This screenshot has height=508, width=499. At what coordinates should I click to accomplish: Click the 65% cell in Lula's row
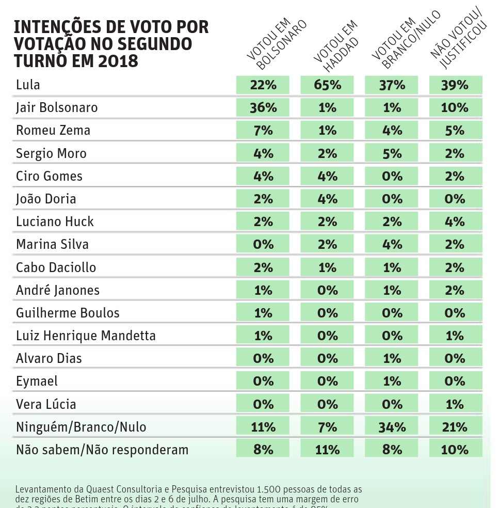pyautogui.click(x=327, y=85)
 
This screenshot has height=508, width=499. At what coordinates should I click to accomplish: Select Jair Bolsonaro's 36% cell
pyautogui.click(x=263, y=108)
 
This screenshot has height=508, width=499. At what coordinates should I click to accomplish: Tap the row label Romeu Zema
pyautogui.click(x=53, y=131)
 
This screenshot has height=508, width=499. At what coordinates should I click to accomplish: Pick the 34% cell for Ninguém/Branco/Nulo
pyautogui.click(x=392, y=427)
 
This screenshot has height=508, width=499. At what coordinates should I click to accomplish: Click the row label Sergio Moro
pyautogui.click(x=51, y=153)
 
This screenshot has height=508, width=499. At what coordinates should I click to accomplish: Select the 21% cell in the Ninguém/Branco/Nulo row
pyautogui.click(x=455, y=427)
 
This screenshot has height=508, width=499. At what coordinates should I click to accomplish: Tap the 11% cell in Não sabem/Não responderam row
pyautogui.click(x=327, y=450)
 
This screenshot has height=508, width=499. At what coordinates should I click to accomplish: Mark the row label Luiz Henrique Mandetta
pyautogui.click(x=86, y=336)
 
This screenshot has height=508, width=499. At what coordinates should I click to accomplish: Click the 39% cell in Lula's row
pyautogui.click(x=455, y=85)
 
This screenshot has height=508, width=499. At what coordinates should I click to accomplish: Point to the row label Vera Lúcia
pyautogui.click(x=45, y=404)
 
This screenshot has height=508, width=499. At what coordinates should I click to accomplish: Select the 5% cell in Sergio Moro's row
pyautogui.click(x=392, y=153)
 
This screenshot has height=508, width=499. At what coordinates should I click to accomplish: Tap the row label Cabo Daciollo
pyautogui.click(x=56, y=267)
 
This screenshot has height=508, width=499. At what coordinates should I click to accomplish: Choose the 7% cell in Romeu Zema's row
pyautogui.click(x=263, y=131)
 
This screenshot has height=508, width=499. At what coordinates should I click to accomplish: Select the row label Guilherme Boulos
pyautogui.click(x=68, y=313)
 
